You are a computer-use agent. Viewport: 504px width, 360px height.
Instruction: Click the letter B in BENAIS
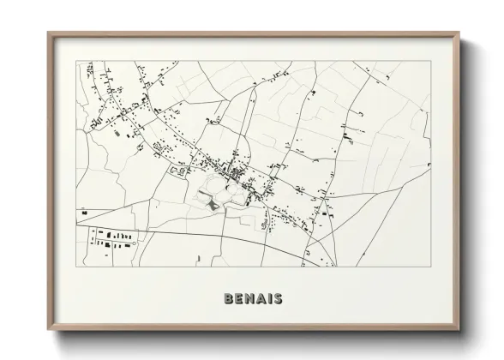228,300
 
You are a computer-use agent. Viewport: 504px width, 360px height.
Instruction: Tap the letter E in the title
238,300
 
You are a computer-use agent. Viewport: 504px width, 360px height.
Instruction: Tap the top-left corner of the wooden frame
47,33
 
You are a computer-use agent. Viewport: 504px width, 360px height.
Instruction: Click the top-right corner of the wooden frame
460,33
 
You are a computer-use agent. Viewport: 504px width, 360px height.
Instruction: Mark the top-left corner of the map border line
77,62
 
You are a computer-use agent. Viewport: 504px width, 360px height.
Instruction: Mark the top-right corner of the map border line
431,62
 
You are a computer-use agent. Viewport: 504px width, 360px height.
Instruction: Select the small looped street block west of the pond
180,171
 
